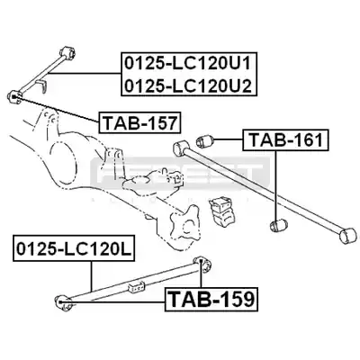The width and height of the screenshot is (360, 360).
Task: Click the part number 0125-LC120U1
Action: (x=187, y=64)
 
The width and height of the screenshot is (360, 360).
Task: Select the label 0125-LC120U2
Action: (x=187, y=85)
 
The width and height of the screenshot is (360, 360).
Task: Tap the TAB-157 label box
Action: (x=139, y=122)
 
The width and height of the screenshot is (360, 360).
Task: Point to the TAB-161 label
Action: (x=285, y=140)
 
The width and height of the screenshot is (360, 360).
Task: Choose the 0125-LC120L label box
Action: (x=74, y=248)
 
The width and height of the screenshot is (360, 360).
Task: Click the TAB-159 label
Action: (x=211, y=299)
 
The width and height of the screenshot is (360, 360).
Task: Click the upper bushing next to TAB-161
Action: (x=204, y=140)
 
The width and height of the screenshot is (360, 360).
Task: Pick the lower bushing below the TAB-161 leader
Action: (x=279, y=225)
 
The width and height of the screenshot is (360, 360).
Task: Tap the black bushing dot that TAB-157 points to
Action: (x=15, y=96)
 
